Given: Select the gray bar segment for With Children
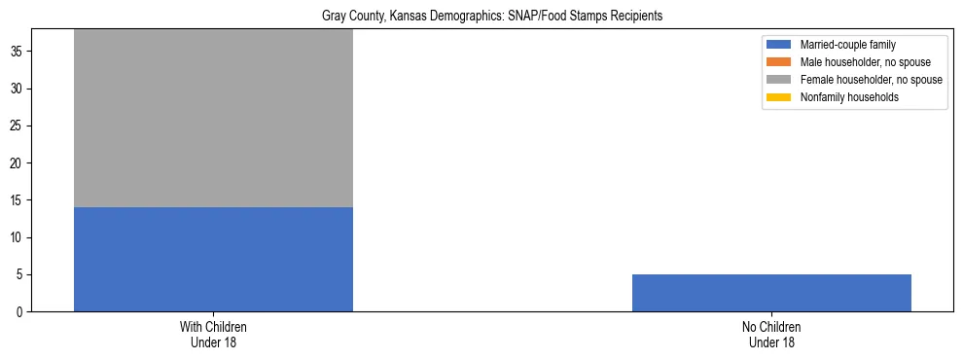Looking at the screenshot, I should (213, 118).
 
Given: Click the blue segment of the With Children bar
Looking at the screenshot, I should (213, 259).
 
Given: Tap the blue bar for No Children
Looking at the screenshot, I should (771, 293).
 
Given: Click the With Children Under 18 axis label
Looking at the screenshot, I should (213, 335).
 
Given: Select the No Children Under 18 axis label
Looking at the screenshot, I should (771, 335).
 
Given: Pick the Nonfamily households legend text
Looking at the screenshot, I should (842, 97).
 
